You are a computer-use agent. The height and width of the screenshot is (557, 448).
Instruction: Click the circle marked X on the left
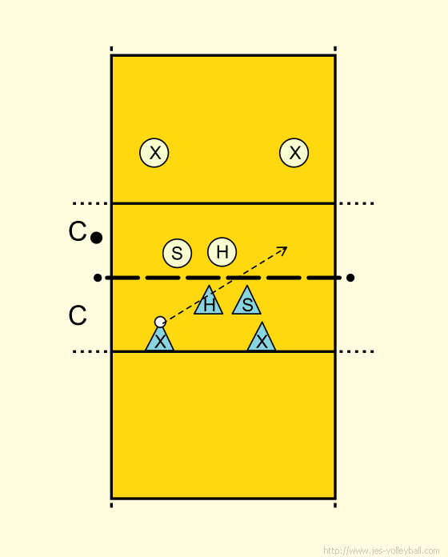click(x=154, y=153)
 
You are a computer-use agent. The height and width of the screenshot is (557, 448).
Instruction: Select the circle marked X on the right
click(x=294, y=153)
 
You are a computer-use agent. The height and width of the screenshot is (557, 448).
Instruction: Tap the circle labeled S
click(x=177, y=253)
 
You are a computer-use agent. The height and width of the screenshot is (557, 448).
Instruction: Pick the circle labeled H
click(x=222, y=252)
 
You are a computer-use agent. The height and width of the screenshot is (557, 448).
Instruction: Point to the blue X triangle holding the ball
click(x=160, y=340)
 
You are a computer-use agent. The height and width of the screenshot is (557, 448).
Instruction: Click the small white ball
click(x=160, y=322)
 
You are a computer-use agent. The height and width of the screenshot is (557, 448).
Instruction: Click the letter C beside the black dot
click(x=78, y=231)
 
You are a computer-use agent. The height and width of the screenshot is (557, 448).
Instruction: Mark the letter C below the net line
click(x=78, y=315)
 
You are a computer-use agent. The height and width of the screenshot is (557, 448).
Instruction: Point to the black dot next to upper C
click(x=96, y=238)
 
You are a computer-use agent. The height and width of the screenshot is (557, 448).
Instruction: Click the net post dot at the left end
click(x=98, y=278)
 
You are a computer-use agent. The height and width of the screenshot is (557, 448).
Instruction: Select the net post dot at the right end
click(x=350, y=278)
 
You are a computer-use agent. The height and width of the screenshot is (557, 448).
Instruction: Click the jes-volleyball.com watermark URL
click(x=382, y=551)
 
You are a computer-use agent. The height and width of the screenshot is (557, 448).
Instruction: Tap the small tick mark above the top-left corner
click(x=111, y=49)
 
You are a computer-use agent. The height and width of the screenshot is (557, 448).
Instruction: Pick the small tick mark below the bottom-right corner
click(x=335, y=505)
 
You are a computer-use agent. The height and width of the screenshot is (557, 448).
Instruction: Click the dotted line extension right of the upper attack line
click(x=357, y=203)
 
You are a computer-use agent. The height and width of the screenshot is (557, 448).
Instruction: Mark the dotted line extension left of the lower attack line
click(x=90, y=351)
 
